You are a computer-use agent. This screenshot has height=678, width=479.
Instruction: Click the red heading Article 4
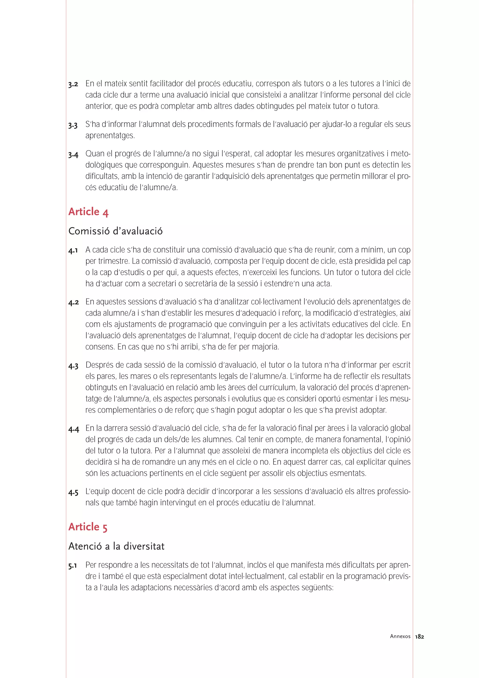tap(88, 212)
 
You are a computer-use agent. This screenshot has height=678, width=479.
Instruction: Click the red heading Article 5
tap(88, 527)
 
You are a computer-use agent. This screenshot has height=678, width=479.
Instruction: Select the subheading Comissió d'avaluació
tap(115, 231)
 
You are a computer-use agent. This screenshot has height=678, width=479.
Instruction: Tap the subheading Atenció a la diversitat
tap(116, 546)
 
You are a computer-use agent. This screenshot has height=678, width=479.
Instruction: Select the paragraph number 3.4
tap(73, 155)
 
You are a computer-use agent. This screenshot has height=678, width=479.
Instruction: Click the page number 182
tap(419, 637)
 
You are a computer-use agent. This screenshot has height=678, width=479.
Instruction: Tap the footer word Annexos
tap(400, 636)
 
